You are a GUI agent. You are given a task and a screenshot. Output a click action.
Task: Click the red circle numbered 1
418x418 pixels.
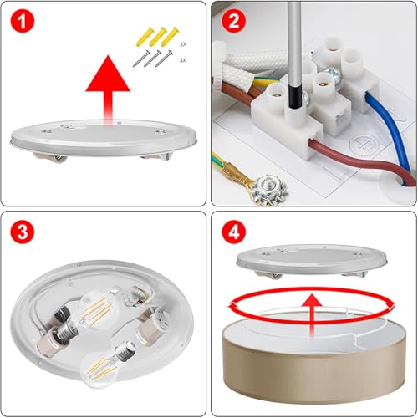23,22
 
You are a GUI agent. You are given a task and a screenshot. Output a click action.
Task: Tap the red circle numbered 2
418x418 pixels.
233,22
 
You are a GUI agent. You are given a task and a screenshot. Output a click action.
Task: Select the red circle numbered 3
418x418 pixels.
23,232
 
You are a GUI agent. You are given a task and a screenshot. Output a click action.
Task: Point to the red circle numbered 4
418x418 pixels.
233,232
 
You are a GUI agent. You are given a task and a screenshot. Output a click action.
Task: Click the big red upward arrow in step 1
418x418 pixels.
108,89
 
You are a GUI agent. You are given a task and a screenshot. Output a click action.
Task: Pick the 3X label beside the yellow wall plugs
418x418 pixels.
183,44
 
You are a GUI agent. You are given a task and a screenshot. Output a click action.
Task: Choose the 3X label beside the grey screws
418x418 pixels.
182,60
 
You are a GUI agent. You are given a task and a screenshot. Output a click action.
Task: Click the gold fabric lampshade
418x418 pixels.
314,359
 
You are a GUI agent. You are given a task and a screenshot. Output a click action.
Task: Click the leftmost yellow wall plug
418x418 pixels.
145,37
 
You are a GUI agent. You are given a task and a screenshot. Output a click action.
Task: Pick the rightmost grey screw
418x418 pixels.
165,59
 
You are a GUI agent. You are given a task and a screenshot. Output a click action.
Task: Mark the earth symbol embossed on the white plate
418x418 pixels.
364,145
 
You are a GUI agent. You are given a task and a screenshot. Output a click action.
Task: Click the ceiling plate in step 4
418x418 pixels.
312,261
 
